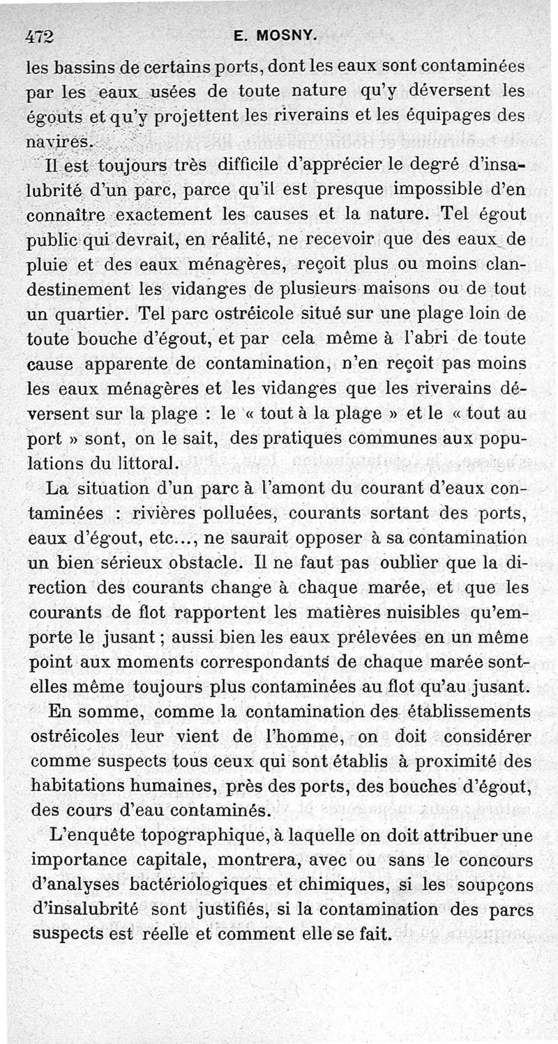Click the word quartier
pyautogui.click(x=93, y=314)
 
